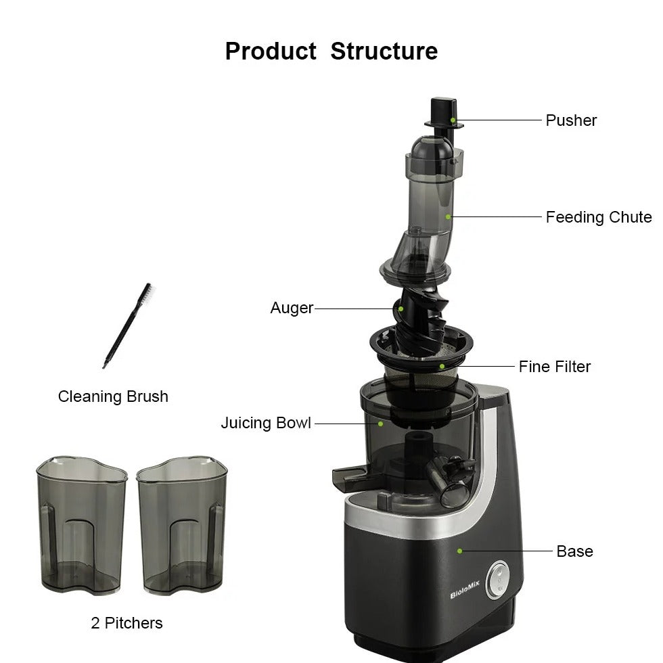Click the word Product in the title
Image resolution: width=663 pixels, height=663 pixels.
point(271,51)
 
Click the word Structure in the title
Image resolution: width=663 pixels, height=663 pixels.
point(384,51)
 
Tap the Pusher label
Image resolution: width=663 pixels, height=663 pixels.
point(571,120)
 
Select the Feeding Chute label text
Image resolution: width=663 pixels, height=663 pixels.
point(599,217)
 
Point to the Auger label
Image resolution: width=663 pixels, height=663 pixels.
point(292,308)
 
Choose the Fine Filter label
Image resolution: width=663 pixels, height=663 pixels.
point(554,367)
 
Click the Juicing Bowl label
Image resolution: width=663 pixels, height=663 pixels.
point(266,424)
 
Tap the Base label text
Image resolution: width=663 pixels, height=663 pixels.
point(574,551)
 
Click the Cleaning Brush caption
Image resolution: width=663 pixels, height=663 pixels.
point(113,396)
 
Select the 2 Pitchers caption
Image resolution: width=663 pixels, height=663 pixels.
point(127,623)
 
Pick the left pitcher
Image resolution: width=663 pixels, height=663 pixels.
point(82,525)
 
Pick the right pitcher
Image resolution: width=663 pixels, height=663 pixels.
point(182,525)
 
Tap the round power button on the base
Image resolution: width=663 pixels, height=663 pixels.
point(498,580)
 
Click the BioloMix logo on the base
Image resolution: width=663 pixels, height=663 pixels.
point(465,590)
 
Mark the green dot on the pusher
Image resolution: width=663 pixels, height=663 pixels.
point(453,120)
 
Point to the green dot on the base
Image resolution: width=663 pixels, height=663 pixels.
point(459,551)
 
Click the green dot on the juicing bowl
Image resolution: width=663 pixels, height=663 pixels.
point(380,424)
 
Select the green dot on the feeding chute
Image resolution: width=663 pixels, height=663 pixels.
point(448,217)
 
